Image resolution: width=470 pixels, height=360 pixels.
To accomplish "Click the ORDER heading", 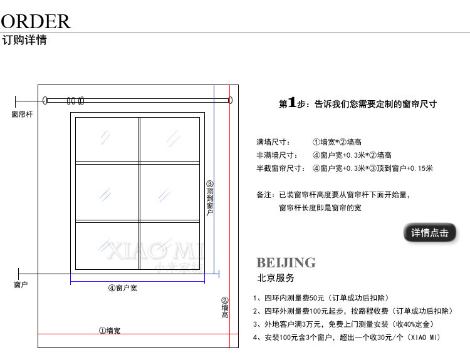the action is (36, 21).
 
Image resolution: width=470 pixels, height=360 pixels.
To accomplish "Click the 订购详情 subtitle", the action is (24, 41).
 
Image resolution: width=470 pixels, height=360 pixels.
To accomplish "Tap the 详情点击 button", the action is (430, 233).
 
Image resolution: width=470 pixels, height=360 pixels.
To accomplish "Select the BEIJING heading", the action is (286, 262).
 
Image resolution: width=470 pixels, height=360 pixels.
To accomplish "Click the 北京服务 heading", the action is (276, 277).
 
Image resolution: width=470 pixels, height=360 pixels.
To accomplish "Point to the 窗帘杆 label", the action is (23, 115).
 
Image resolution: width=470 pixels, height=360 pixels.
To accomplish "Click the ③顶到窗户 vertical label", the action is (210, 198).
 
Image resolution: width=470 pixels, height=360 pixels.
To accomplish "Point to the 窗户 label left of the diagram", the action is (21, 285).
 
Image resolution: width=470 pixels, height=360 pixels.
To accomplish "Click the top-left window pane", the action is (107, 139).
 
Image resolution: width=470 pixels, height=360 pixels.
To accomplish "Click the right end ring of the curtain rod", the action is (230, 100).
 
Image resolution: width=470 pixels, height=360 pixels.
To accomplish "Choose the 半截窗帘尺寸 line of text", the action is (345, 168).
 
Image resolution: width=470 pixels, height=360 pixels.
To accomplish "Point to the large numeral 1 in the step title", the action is (291, 103).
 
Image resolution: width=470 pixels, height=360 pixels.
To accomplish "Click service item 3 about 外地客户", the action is (344, 324).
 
